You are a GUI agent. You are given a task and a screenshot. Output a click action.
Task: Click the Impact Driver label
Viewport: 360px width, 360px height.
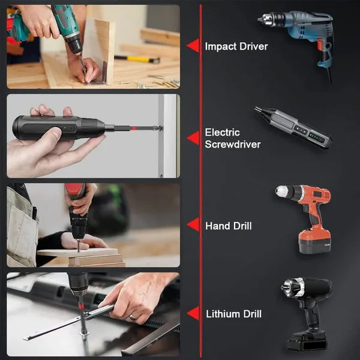point(236,46)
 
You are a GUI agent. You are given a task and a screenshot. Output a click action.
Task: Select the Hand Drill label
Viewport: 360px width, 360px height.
point(228,226)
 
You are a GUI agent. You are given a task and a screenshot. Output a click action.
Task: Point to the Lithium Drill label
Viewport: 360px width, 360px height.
point(233,314)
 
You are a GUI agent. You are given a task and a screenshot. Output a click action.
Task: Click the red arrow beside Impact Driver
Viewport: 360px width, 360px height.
point(193,46)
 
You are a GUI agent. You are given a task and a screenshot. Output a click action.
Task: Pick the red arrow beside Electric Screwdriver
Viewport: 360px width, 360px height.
point(193,138)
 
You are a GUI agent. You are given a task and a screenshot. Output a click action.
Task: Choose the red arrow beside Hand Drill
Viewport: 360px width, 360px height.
point(193,225)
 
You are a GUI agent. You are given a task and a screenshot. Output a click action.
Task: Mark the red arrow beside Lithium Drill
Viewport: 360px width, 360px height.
point(193,313)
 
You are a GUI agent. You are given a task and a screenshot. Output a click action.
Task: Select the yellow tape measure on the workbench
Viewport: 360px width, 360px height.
point(137,59)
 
